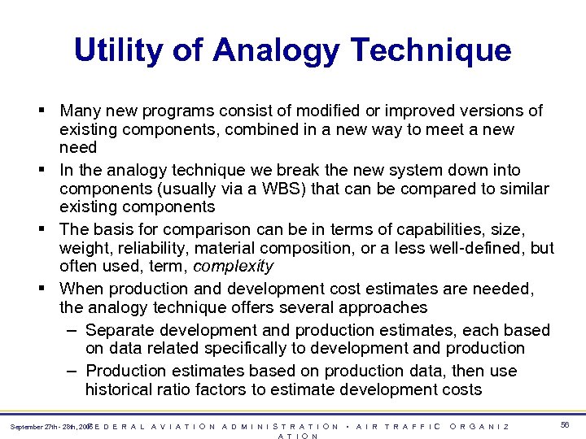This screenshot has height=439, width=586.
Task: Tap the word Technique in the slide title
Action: coord(431,50)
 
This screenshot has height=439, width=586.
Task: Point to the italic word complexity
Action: coord(234,267)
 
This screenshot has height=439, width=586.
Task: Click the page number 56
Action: coord(564,425)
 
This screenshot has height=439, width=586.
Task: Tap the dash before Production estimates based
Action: coord(72,371)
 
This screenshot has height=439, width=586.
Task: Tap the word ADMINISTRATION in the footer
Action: coord(281,426)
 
